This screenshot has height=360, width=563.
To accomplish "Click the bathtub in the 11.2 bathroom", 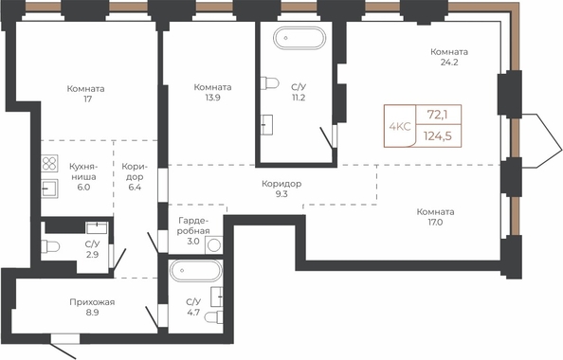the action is (300, 38).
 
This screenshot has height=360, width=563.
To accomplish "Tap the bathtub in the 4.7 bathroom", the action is (196, 271).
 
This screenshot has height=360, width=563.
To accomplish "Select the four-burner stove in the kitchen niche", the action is (49, 163).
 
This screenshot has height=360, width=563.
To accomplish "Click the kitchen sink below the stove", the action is (49, 189).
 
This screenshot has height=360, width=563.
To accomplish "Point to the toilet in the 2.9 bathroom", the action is (50, 246).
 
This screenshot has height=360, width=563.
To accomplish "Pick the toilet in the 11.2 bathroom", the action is (269, 83).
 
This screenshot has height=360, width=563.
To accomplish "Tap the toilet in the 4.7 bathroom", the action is (213, 317).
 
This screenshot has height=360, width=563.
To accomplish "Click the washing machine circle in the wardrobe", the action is (214, 245).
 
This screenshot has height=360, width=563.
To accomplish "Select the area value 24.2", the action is (449, 63).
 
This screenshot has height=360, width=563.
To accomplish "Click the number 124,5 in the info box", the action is (437, 136).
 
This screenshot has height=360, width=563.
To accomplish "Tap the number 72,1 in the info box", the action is (438, 115).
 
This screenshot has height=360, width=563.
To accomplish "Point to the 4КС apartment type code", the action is (400, 126).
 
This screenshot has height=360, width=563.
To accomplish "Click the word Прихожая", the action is (92, 302).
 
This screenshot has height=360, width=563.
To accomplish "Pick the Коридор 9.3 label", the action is (281, 189).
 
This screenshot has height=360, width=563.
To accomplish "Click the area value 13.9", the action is (212, 98).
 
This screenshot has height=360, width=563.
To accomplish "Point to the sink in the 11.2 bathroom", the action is (266, 125).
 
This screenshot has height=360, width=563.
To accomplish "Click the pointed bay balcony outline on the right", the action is (541, 141).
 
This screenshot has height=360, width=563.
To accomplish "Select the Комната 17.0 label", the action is (435, 217).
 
